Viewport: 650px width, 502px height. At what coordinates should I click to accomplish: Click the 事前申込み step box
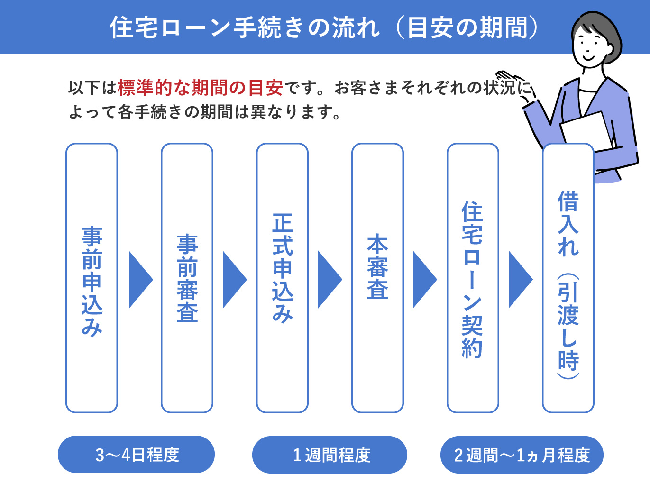92,278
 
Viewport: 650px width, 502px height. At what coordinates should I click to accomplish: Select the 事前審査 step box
187,278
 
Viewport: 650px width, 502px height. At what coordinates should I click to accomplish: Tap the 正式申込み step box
282,278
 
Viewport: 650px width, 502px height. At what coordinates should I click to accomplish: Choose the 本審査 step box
377,278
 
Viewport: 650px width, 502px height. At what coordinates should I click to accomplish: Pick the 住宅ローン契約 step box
473,278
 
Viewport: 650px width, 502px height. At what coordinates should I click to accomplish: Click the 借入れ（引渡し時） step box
568,284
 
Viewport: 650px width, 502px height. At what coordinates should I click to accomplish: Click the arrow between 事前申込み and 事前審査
139,280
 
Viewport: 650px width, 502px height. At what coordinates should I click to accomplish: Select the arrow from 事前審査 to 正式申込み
233,280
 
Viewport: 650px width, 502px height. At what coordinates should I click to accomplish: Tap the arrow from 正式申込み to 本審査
329,280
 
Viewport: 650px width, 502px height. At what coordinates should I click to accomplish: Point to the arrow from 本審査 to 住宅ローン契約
423,280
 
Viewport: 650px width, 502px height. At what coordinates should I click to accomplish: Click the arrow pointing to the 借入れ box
519,280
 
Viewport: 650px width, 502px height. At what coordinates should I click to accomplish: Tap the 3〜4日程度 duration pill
136,455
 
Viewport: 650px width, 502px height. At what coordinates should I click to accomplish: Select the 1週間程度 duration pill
330,455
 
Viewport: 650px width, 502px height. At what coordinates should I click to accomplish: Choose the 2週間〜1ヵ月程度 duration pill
522,455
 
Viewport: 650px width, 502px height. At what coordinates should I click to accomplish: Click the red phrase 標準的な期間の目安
200,88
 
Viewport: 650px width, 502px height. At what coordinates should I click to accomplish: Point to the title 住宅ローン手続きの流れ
245,27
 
